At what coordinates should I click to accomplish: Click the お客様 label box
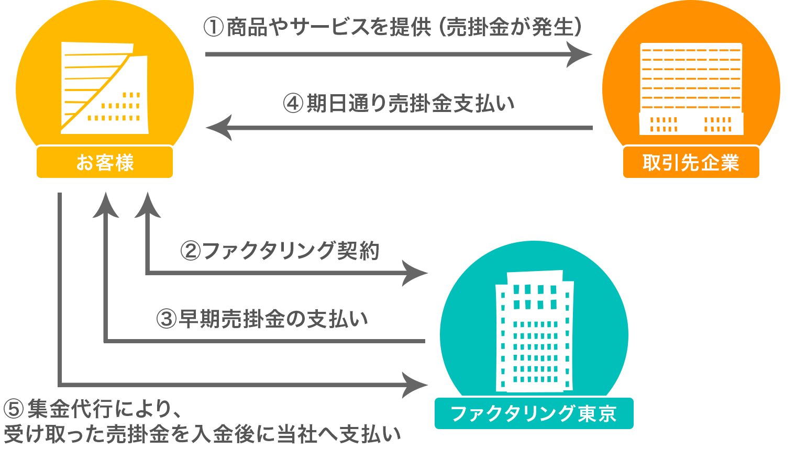[105, 162]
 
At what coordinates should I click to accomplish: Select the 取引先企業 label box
[691, 162]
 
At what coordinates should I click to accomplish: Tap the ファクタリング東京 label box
[534, 413]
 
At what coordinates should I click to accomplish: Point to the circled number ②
[191, 251]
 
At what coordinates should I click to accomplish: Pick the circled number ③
[167, 319]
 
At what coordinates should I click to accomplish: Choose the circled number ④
[293, 103]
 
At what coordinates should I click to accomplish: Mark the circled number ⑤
[14, 409]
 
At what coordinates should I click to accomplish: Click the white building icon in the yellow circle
[104, 88]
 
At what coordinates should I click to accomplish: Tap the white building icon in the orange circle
[691, 89]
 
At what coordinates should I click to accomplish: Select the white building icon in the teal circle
[534, 331]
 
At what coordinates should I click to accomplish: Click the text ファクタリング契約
[291, 251]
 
